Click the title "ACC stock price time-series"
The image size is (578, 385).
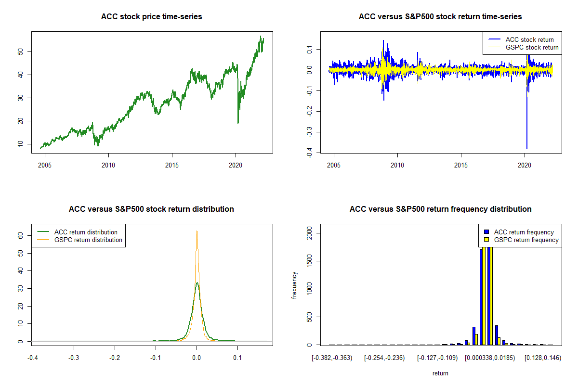[151, 16]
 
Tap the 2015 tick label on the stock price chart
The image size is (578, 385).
[172, 165]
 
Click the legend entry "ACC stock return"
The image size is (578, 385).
[529, 40]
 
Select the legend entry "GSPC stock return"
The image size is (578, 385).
[532, 48]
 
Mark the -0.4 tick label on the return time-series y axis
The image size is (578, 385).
[309, 153]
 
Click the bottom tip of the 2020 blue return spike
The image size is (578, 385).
[527, 149]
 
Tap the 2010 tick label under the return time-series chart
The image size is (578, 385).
[397, 165]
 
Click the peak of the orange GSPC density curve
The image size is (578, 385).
[197, 231]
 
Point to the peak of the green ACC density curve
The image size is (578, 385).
[197, 282]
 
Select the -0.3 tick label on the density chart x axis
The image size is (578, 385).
[74, 358]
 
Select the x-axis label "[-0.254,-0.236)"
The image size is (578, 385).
[384, 358]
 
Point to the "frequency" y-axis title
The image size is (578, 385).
[294, 285]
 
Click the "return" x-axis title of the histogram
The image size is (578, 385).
[440, 373]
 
